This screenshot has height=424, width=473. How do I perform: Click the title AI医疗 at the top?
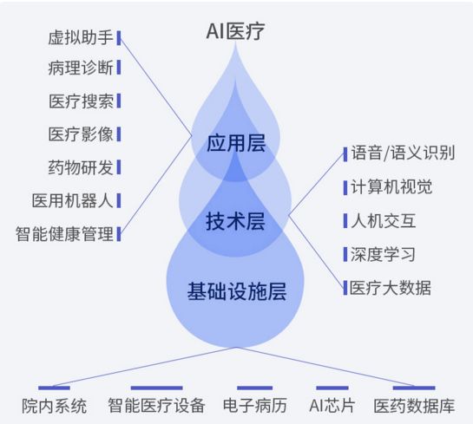(235, 31)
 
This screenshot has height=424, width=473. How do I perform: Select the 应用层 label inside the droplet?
(236, 143)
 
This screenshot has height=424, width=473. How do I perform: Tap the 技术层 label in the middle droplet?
(235, 221)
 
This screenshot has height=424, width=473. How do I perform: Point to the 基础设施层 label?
(237, 291)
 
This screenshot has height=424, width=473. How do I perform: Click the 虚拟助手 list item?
(80, 37)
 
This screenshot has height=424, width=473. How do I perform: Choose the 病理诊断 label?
(81, 68)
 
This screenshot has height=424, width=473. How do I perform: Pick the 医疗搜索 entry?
(81, 101)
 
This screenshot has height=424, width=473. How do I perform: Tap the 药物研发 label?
(81, 167)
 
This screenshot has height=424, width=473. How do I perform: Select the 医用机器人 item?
(72, 200)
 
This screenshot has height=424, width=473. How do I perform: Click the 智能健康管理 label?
(64, 234)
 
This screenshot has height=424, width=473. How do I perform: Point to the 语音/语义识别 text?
(403, 153)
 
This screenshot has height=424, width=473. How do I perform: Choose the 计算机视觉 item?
(391, 186)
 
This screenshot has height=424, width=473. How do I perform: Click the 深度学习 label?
(383, 254)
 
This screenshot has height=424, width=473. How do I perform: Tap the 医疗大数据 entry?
(391, 288)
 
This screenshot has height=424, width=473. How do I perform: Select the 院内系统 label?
(55, 406)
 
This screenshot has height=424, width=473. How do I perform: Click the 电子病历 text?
(255, 405)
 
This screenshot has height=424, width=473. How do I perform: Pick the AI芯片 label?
(332, 405)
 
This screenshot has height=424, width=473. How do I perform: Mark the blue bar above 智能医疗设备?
(156, 388)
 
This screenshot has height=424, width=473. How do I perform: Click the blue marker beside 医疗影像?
(119, 134)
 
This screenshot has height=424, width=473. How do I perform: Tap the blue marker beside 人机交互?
(345, 220)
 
